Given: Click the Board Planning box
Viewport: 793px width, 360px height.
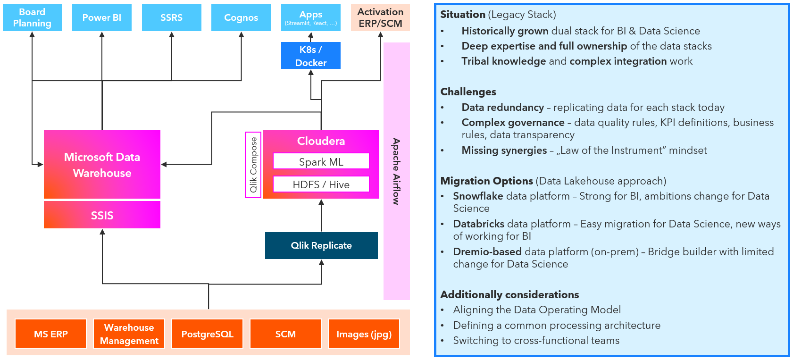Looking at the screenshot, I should point(32,18).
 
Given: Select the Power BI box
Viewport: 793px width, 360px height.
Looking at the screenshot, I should point(102,18).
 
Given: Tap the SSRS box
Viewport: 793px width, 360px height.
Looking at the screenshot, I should point(171,18).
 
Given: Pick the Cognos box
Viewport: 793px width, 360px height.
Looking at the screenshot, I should point(241,18).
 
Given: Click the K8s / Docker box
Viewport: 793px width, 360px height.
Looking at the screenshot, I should point(310,56).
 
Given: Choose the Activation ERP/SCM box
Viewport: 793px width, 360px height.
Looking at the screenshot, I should point(380,18).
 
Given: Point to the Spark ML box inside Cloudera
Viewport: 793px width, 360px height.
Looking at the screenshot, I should point(321,161).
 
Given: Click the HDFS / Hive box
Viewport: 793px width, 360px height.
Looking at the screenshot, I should point(321,184).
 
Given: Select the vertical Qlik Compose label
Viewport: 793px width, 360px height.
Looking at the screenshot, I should point(253,165).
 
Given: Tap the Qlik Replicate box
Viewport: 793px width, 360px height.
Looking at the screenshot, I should point(321,245).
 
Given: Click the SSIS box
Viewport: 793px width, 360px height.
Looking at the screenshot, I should point(102,215).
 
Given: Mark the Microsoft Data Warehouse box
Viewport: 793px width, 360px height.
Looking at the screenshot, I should point(102,165).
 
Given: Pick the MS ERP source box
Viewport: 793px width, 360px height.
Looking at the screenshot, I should point(51,334).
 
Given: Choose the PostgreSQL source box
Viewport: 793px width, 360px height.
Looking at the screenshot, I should point(207,334).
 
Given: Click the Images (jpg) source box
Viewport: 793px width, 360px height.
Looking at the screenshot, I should point(364,334).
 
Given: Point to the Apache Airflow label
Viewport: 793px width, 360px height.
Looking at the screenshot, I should point(396,171).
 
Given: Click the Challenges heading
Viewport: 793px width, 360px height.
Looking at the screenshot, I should point(468,92).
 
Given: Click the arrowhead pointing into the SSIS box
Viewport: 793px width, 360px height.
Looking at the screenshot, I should point(102,232).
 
